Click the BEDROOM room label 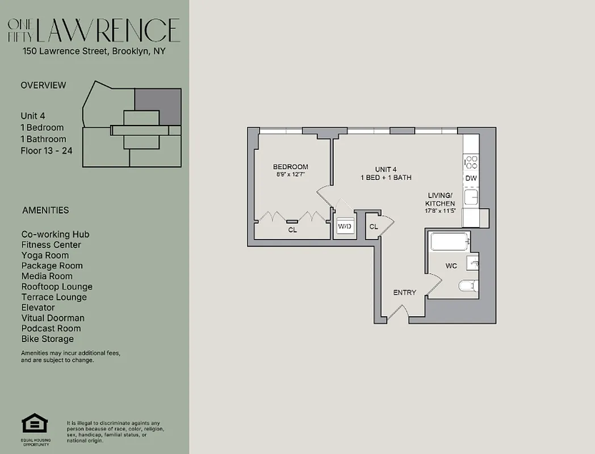pos(290,167)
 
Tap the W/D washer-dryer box pos(344,227)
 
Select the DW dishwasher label pos(471,178)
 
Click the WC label pos(451,266)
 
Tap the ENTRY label pos(405,293)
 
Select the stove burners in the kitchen pos(471,162)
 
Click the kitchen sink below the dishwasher pos(471,197)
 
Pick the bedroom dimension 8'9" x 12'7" pos(290,175)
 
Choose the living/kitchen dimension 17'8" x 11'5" pos(441,211)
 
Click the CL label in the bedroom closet pos(292,230)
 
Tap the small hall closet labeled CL pos(374,226)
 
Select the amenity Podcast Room pos(51,328)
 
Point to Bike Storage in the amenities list pos(48,339)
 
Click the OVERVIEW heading pos(43,85)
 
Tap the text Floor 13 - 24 pos(47,150)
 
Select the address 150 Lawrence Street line pos(94,51)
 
